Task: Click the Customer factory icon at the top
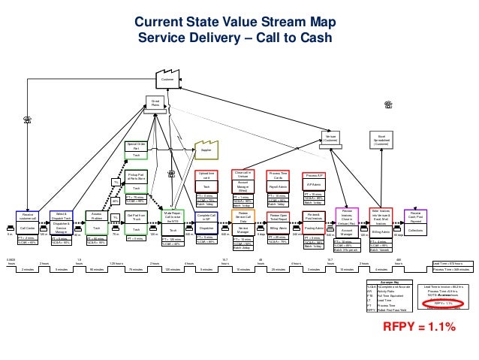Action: [167, 77]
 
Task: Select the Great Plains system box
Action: [155, 103]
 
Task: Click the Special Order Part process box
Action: [137, 149]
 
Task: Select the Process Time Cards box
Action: [279, 181]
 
